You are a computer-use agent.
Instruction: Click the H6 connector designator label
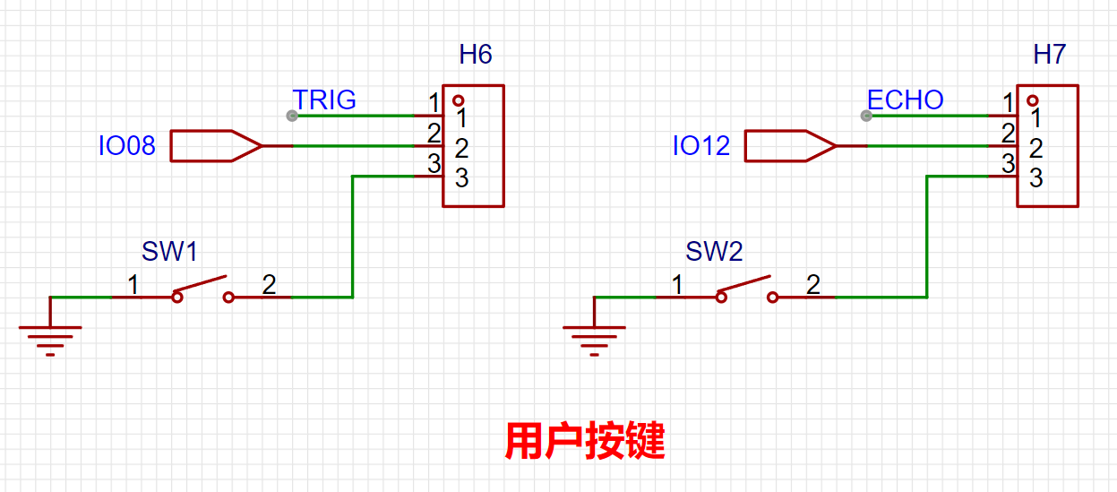tap(476, 55)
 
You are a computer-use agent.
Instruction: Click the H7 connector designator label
tap(1049, 55)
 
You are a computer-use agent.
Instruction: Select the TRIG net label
tap(324, 99)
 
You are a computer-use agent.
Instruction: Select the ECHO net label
tap(905, 99)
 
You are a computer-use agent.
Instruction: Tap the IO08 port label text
tap(126, 146)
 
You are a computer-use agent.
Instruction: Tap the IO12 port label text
tap(701, 146)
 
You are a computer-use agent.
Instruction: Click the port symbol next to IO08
tap(214, 146)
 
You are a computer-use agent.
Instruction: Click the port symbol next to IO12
tap(789, 146)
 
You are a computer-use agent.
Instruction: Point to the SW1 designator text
tap(169, 252)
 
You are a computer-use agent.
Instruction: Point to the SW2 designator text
tap(714, 252)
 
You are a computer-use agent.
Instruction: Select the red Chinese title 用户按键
tap(584, 441)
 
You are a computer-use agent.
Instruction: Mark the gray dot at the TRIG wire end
tap(291, 116)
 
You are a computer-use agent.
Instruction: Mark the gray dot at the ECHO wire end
tap(865, 116)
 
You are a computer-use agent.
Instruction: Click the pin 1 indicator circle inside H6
tap(459, 100)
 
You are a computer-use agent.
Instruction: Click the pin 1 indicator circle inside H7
tap(1033, 100)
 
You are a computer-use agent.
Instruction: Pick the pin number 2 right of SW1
tap(269, 285)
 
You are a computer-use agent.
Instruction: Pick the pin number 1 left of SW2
tap(677, 285)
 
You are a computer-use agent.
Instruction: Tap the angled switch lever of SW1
tap(202, 284)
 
